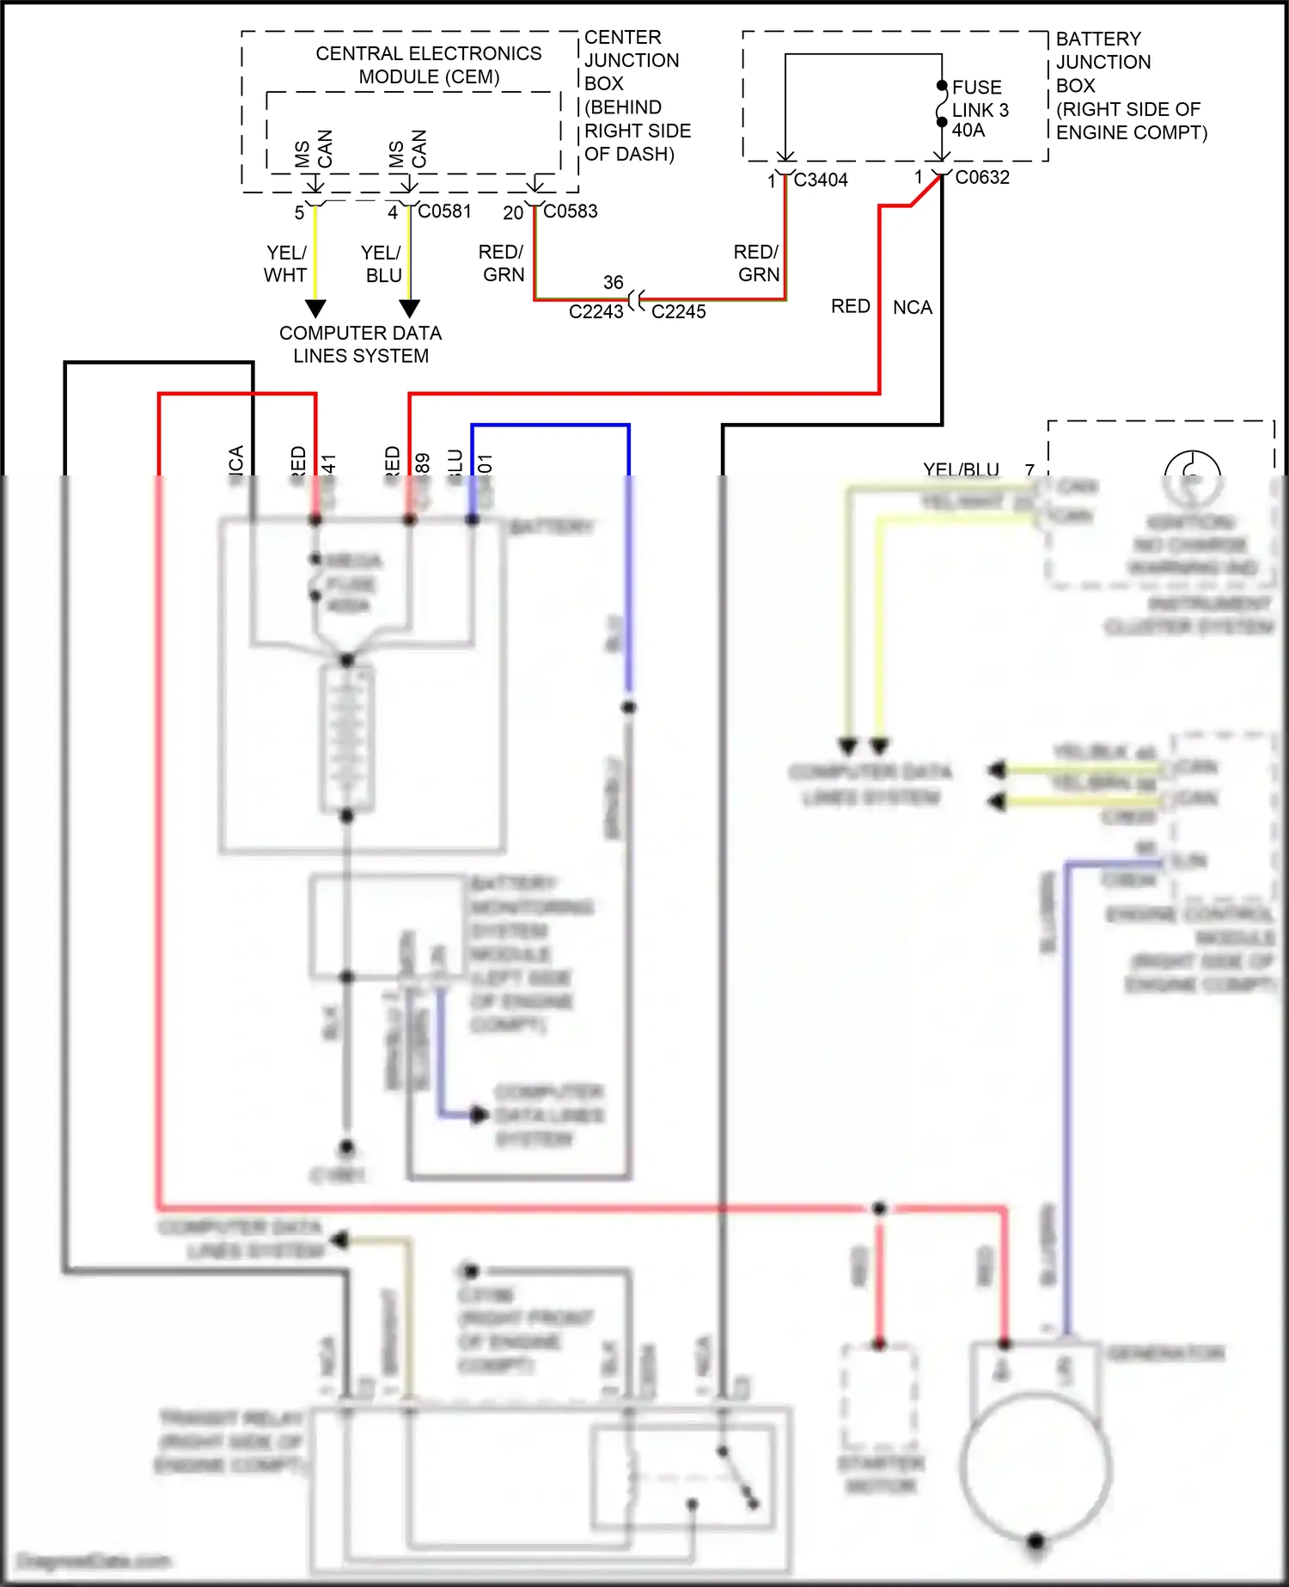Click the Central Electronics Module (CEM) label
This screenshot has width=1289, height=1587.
point(429,65)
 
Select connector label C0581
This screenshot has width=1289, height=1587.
point(444,211)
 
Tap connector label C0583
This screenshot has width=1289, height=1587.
point(571,211)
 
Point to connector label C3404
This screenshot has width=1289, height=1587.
point(821,181)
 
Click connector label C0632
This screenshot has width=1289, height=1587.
point(982,178)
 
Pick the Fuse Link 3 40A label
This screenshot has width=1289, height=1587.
point(980,109)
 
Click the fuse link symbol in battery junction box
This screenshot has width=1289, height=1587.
point(942,104)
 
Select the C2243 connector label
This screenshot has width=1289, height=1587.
point(596,312)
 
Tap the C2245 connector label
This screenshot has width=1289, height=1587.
point(678,312)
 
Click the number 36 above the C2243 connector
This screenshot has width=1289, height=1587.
point(613,283)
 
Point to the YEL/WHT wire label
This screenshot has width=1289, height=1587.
point(285,264)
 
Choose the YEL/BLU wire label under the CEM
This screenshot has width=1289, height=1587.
point(382,264)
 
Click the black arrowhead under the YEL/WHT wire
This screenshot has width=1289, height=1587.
point(315,308)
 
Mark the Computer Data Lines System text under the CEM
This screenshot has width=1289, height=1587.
point(360,344)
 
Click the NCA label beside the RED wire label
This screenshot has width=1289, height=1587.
point(912,308)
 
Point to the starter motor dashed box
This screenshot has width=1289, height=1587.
point(879,1397)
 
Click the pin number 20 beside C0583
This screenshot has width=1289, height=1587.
point(513,213)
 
